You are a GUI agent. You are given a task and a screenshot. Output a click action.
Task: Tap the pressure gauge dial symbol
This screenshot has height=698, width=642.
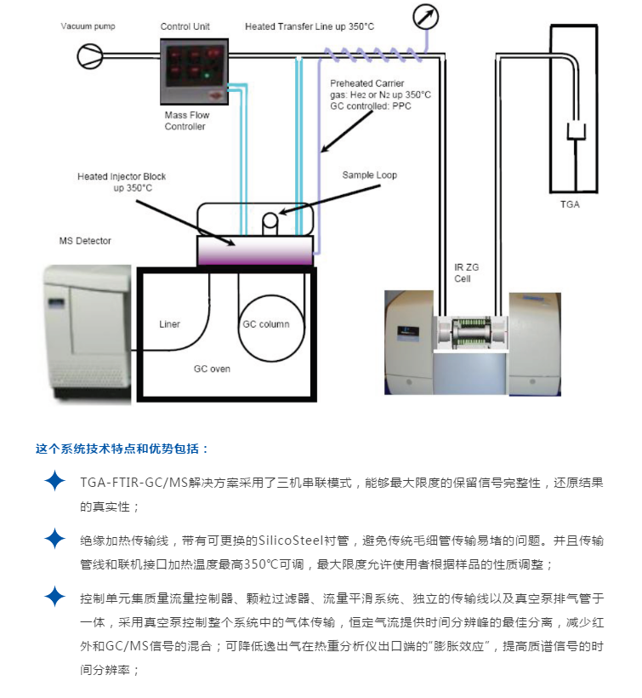coord(423,17)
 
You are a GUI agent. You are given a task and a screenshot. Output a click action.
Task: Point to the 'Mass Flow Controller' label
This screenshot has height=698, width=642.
coord(185,120)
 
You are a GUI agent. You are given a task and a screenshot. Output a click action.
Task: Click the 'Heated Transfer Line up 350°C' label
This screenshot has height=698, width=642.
coord(310,26)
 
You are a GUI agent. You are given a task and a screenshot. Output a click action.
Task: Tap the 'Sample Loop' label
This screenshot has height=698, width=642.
coord(369,175)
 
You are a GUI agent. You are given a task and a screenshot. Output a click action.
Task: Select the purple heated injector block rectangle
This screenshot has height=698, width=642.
coord(254,252)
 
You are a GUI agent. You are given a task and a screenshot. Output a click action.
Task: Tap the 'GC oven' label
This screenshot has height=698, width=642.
coord(213,369)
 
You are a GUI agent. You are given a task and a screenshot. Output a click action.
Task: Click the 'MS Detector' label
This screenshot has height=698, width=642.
coord(85,241)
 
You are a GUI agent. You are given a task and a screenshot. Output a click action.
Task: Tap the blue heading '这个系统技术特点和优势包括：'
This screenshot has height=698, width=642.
coord(122,448)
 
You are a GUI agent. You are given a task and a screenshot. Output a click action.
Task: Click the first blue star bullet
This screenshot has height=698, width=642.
coord(54,482)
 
